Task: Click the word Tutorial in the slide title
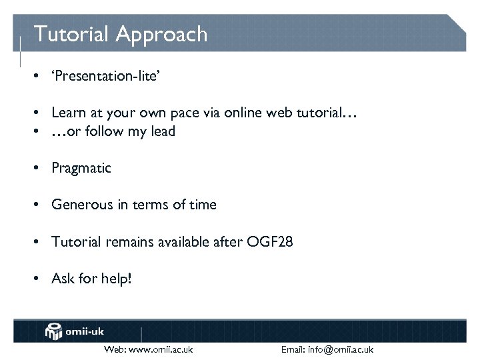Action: (72, 34)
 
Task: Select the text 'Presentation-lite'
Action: (105, 76)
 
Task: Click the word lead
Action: (163, 131)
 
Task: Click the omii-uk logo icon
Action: (54, 331)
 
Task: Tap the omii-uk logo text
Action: (85, 331)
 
